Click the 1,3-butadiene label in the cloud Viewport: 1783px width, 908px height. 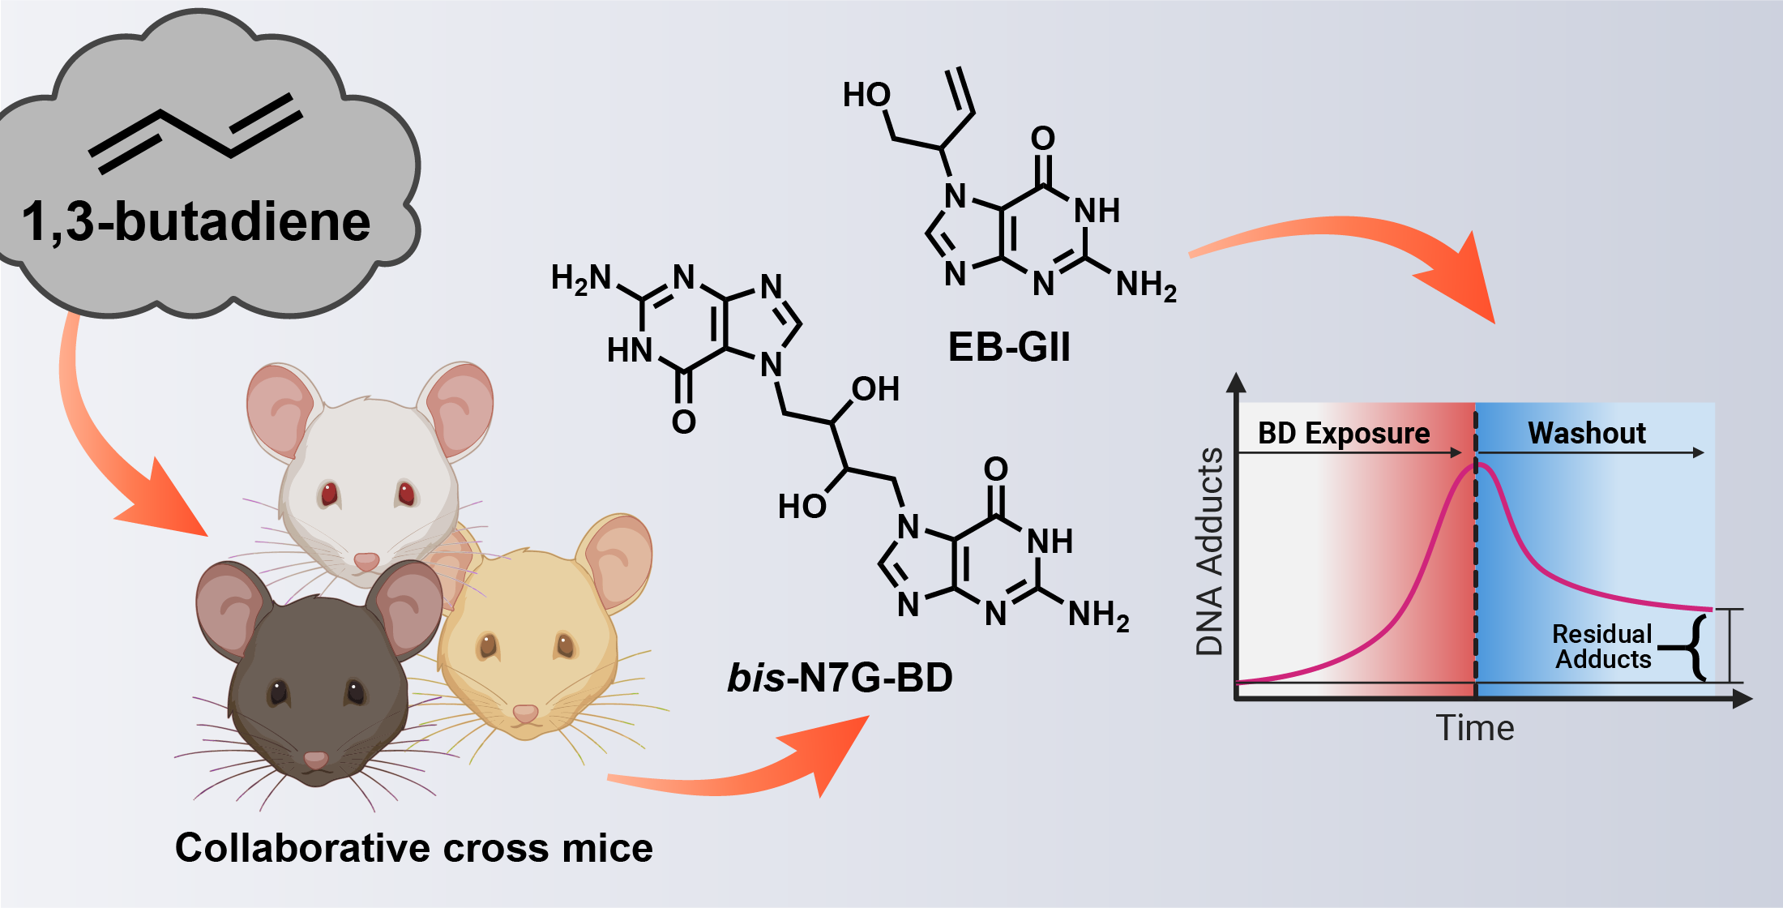195,221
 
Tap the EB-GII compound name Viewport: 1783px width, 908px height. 1009,348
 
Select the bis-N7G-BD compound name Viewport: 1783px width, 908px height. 840,678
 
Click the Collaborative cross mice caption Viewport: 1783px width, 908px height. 413,848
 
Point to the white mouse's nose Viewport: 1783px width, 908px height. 366,560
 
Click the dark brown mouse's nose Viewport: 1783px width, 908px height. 315,760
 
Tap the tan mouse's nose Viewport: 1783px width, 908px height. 525,713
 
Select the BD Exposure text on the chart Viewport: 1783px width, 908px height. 1343,433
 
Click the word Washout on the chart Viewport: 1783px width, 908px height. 1586,433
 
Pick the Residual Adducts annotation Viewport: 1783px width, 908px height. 1602,646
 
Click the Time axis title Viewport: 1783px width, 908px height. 1474,728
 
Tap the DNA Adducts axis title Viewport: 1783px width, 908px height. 1209,551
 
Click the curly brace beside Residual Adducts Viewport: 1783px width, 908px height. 1695,647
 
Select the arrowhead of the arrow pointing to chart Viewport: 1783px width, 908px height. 1467,284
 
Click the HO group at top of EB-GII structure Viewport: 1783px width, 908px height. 866,96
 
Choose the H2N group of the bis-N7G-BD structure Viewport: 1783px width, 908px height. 580,278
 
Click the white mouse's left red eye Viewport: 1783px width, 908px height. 328,493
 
